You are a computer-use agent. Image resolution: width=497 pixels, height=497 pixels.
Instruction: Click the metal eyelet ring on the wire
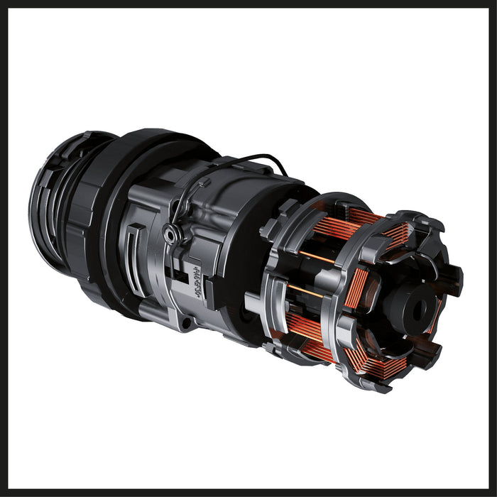tap(170, 232)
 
